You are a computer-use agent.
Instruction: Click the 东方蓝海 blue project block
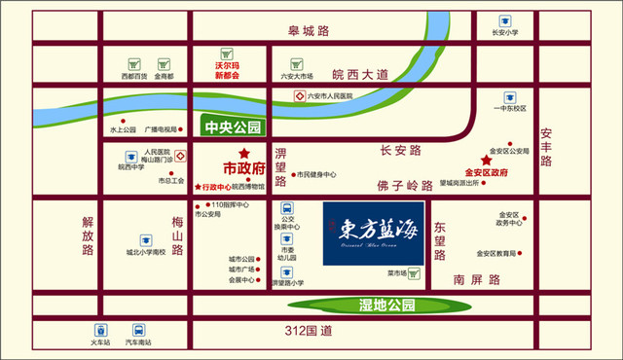coord(373,232)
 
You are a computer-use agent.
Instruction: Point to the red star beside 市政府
coord(245,153)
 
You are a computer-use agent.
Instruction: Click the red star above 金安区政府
coord(485,161)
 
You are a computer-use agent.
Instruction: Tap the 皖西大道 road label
coord(360,74)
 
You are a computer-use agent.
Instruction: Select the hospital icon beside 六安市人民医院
coord(300,95)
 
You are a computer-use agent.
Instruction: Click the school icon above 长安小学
coord(504,19)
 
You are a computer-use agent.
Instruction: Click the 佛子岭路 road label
coord(403,185)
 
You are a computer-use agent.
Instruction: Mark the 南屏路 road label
coord(477,279)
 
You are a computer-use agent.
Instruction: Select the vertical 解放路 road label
coord(89,236)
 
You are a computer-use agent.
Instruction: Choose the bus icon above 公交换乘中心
coord(287,207)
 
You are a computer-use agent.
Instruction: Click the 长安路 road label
coord(400,151)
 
